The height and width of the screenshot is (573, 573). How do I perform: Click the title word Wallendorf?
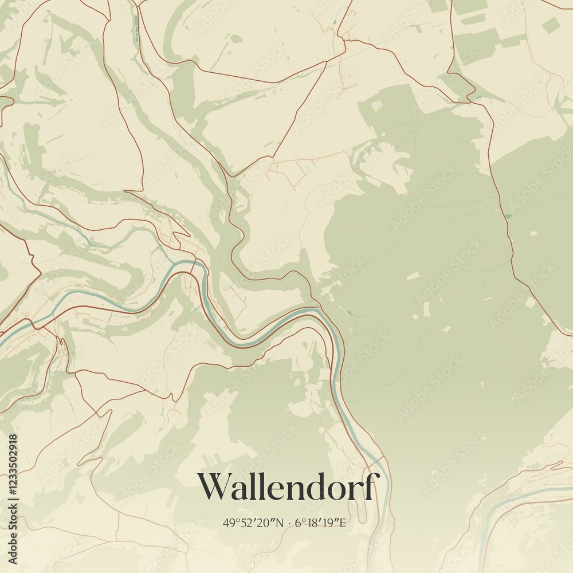click(x=288, y=487)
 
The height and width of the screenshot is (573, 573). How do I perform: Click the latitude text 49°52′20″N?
click(x=253, y=523)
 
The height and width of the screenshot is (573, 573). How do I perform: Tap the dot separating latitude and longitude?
click(x=289, y=523)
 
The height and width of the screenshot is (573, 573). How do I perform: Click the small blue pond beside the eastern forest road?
click(x=508, y=215)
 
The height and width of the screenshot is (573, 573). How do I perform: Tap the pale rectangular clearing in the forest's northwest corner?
click(x=377, y=106)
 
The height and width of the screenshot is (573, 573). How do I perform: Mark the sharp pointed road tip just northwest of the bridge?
click(x=189, y=234)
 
